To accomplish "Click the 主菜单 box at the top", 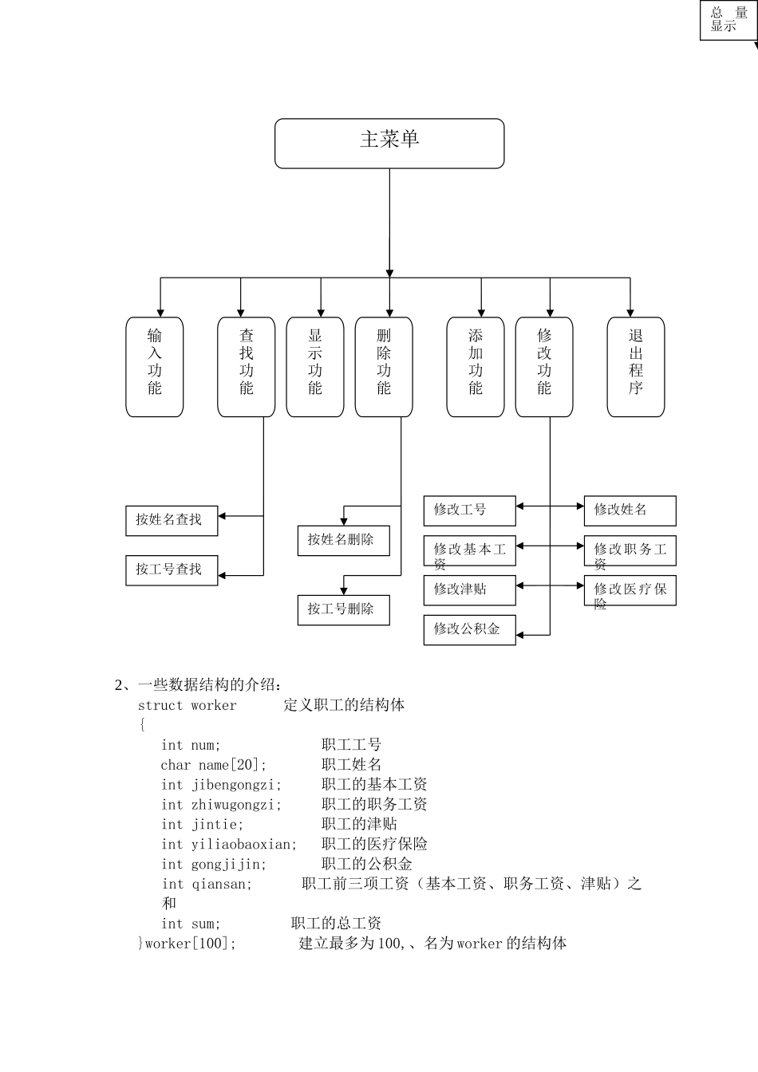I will click(x=389, y=144).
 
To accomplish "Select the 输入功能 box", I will click(x=155, y=367).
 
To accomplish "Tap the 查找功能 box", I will click(x=247, y=367).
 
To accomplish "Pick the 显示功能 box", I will click(x=315, y=367).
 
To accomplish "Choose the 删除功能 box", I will click(x=384, y=367).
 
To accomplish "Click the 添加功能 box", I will click(x=476, y=367).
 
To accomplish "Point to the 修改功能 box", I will click(x=544, y=367).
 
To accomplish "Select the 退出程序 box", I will click(x=636, y=367).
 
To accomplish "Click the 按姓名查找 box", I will click(x=172, y=520).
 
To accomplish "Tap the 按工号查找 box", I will click(x=172, y=569).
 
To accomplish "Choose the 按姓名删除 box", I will click(x=343, y=540).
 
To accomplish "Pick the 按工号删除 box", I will click(x=343, y=609).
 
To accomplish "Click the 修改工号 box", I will click(x=469, y=510).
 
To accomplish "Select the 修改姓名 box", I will click(x=630, y=510).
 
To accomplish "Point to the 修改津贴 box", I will click(x=469, y=590).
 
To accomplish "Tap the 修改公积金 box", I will click(x=469, y=629).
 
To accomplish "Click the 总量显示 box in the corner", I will click(x=728, y=20).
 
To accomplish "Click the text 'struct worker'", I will click(x=188, y=706).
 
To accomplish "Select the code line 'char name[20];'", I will click(x=214, y=765).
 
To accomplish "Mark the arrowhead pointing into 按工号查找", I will click(x=223, y=575).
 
